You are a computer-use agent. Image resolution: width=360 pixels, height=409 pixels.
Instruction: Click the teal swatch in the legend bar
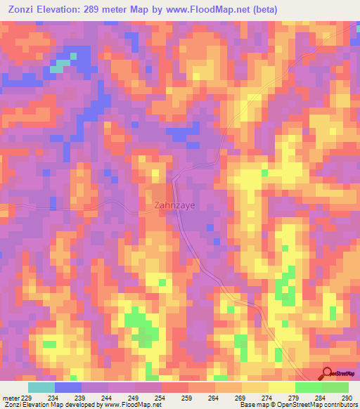tap(41, 387)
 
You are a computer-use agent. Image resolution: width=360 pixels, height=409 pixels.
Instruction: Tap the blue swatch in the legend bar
tap(68, 387)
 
